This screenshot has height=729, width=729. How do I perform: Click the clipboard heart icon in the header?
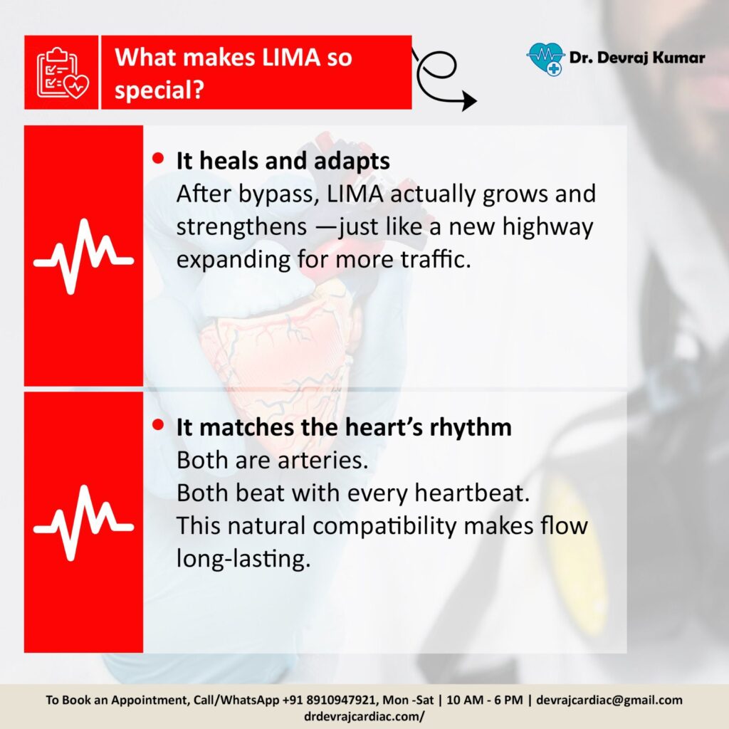(x=63, y=73)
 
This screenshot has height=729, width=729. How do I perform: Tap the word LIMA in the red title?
(x=291, y=57)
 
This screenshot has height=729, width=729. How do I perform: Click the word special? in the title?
(x=159, y=90)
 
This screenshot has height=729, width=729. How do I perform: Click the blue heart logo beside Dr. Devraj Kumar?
(x=545, y=58)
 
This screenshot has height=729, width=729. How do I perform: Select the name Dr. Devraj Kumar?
(x=637, y=58)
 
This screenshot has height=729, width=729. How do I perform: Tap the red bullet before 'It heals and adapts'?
(x=158, y=159)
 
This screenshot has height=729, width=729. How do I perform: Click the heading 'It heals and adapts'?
(x=283, y=161)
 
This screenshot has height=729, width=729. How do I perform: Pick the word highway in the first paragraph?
(x=547, y=228)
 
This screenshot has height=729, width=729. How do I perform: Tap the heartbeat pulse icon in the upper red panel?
(x=84, y=256)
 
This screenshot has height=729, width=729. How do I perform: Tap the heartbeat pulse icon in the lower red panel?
(x=84, y=523)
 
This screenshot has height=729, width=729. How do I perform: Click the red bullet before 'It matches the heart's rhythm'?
(x=158, y=425)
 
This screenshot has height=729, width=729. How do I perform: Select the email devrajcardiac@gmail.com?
(x=609, y=700)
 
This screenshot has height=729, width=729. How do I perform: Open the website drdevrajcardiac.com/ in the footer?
(x=364, y=716)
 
